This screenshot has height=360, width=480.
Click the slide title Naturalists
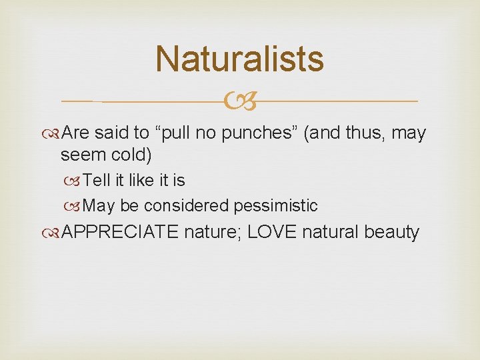point(239,59)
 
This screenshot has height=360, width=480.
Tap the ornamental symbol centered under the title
point(240,102)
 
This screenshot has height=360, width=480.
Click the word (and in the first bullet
point(322,134)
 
